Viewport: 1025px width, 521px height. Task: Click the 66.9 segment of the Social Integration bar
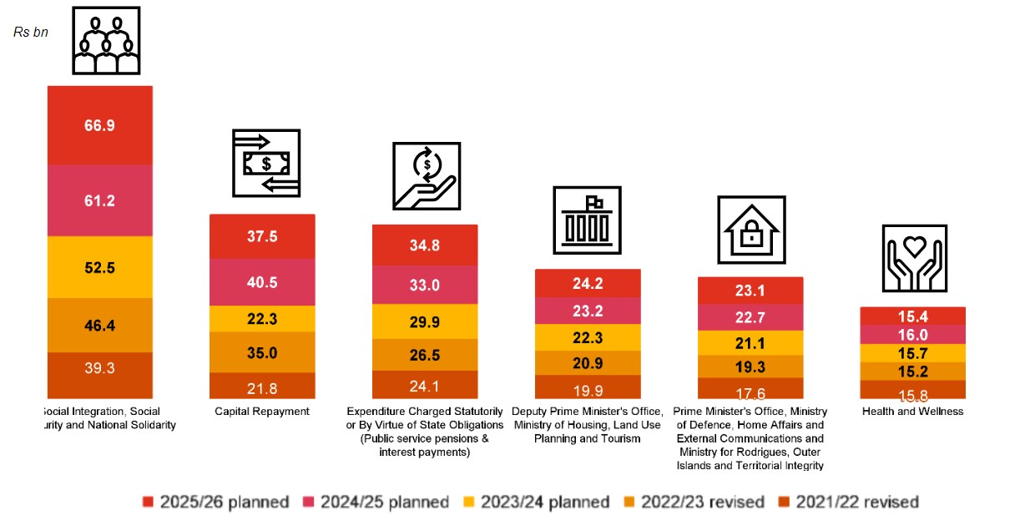(x=99, y=125)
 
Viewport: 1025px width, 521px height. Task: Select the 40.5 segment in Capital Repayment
(x=262, y=282)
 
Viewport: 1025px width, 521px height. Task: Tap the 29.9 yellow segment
(x=425, y=321)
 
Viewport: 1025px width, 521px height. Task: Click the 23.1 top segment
(x=750, y=291)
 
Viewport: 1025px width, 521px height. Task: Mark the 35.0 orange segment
(x=262, y=352)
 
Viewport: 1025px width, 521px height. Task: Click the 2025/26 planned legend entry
(x=216, y=502)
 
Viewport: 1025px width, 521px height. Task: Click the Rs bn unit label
(x=31, y=32)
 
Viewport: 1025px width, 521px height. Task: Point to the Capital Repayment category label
(x=262, y=412)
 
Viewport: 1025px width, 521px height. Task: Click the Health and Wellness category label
(x=913, y=412)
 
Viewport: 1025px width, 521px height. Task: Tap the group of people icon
(x=106, y=43)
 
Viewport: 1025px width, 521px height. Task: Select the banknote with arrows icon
(x=266, y=163)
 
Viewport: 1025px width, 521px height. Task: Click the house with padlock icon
(x=751, y=230)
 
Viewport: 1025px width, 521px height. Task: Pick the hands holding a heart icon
(x=914, y=259)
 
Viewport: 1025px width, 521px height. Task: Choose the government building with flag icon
(x=587, y=220)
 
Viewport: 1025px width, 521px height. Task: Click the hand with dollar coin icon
(x=427, y=175)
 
